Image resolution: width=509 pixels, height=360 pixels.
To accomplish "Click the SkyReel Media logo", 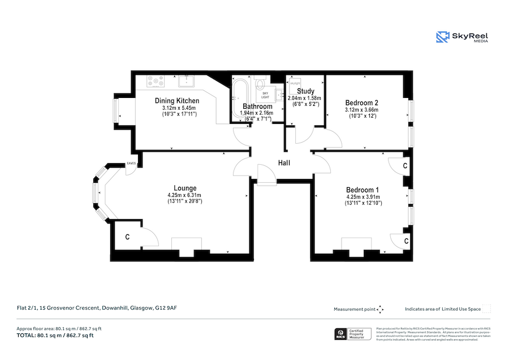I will click(x=462, y=37).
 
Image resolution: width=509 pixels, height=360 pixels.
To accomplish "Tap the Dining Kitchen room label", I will click(x=177, y=101).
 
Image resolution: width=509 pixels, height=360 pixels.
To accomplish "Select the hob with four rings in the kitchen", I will click(x=156, y=82).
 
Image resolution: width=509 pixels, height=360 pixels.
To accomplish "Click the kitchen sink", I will click(x=187, y=82).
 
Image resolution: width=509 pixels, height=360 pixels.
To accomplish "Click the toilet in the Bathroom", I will click(x=261, y=85).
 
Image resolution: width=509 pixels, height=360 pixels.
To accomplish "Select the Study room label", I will click(x=305, y=91).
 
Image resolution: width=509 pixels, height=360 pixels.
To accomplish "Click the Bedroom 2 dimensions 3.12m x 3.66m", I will click(x=362, y=110).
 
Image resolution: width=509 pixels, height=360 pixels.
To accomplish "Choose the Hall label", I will click(x=284, y=163).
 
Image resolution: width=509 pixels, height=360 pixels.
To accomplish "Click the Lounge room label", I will click(x=185, y=188).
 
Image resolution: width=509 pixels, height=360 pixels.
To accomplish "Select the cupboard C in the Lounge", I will click(x=127, y=237).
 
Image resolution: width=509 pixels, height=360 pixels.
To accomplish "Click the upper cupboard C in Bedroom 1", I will click(x=405, y=166).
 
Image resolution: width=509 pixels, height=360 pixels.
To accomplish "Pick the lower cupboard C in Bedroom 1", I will click(x=407, y=241).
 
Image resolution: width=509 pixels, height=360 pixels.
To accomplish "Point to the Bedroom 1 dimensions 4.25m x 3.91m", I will click(x=363, y=197).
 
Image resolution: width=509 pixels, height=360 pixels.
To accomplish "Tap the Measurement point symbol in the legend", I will click(x=380, y=309).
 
